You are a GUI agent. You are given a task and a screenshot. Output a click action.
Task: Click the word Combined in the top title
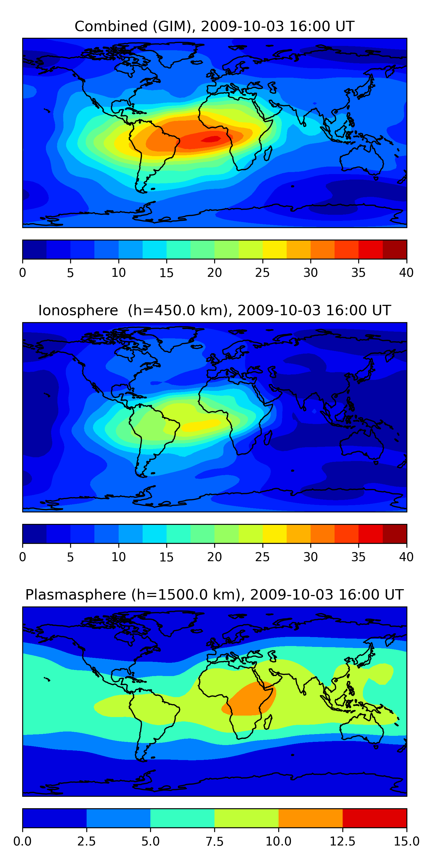[111, 26]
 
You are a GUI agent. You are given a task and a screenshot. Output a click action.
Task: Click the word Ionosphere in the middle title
[78, 310]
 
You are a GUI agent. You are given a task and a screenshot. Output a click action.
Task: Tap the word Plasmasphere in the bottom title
[76, 595]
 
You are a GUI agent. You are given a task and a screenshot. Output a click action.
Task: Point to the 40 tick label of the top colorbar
[406, 273]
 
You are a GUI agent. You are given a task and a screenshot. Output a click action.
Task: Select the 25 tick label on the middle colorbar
[262, 557]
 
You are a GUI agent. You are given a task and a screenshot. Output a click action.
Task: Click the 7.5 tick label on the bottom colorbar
[214, 841]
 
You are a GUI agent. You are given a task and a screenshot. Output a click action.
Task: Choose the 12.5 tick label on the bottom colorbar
[342, 841]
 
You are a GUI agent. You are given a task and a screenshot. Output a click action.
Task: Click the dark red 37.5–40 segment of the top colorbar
[395, 249]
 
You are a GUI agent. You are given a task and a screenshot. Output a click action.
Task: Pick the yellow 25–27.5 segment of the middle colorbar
[274, 534]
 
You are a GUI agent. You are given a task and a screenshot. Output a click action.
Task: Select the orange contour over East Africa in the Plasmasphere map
[251, 699]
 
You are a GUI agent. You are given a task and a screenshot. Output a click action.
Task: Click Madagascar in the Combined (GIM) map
[268, 153]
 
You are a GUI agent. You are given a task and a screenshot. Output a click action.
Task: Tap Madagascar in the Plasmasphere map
[268, 722]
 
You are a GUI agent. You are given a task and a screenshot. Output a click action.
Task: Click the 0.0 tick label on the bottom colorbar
[23, 841]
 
